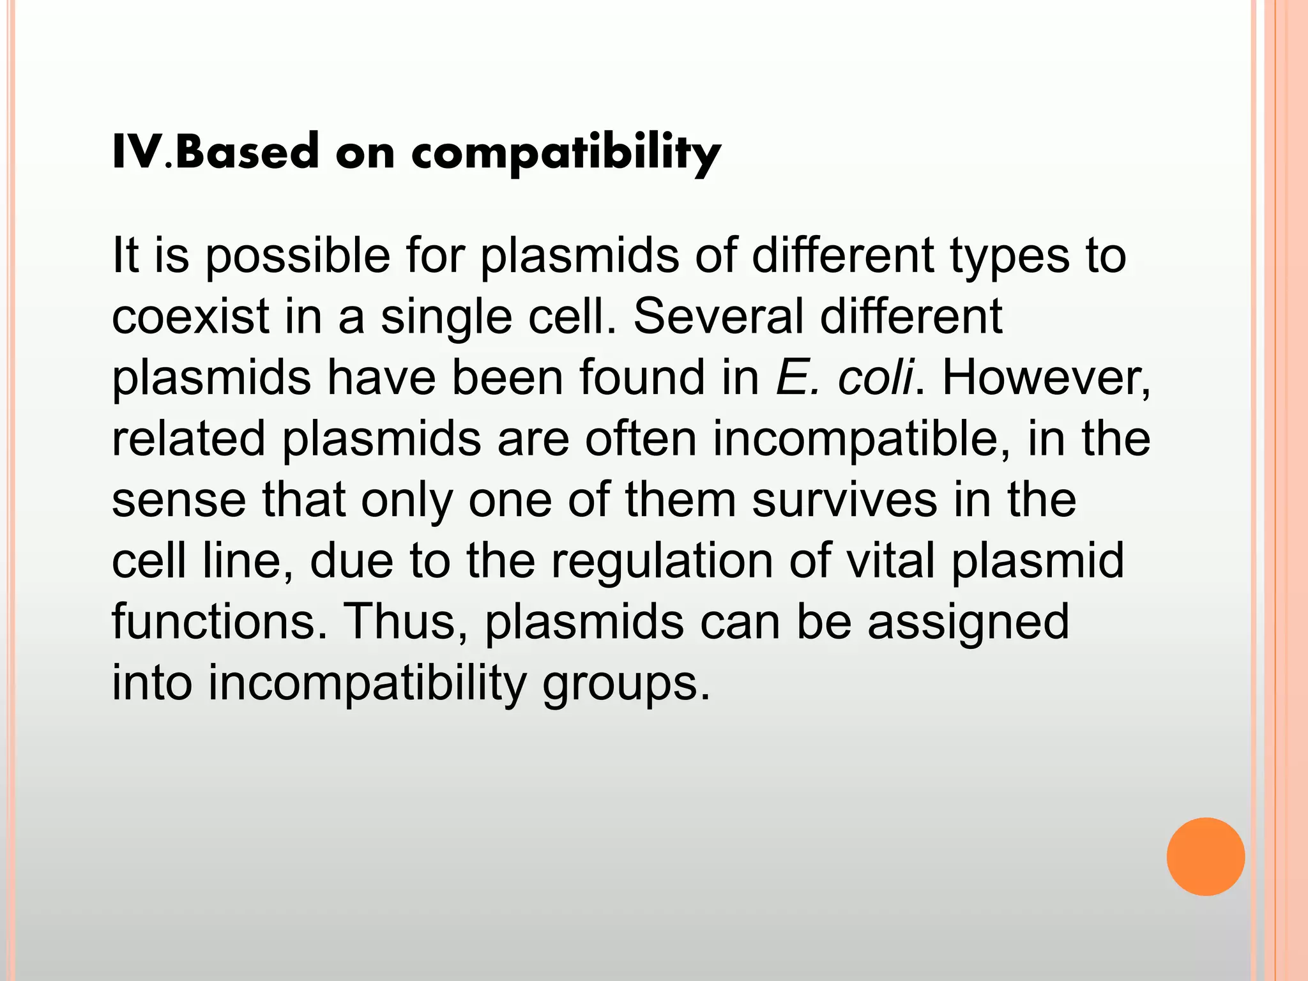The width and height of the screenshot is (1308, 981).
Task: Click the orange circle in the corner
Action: pyautogui.click(x=1205, y=856)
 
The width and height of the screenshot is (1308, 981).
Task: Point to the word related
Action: pyautogui.click(x=188, y=439)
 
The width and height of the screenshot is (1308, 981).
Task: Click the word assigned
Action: pyautogui.click(x=968, y=623)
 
